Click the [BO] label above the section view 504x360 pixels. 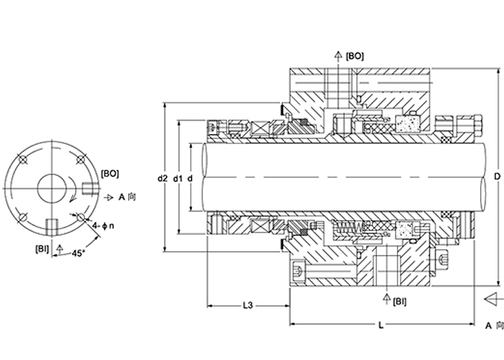pos(355,56)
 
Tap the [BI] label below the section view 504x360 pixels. pos(400,302)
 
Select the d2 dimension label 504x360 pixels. pos(163,178)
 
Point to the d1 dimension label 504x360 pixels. pos(178,178)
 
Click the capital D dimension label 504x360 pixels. pos(498,176)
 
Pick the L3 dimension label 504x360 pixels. pos(248,305)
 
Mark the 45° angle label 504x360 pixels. pos(78,253)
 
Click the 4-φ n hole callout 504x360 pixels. pos(103,226)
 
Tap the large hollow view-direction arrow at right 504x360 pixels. pos(494,300)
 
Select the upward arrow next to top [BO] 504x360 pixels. pos(338,57)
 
